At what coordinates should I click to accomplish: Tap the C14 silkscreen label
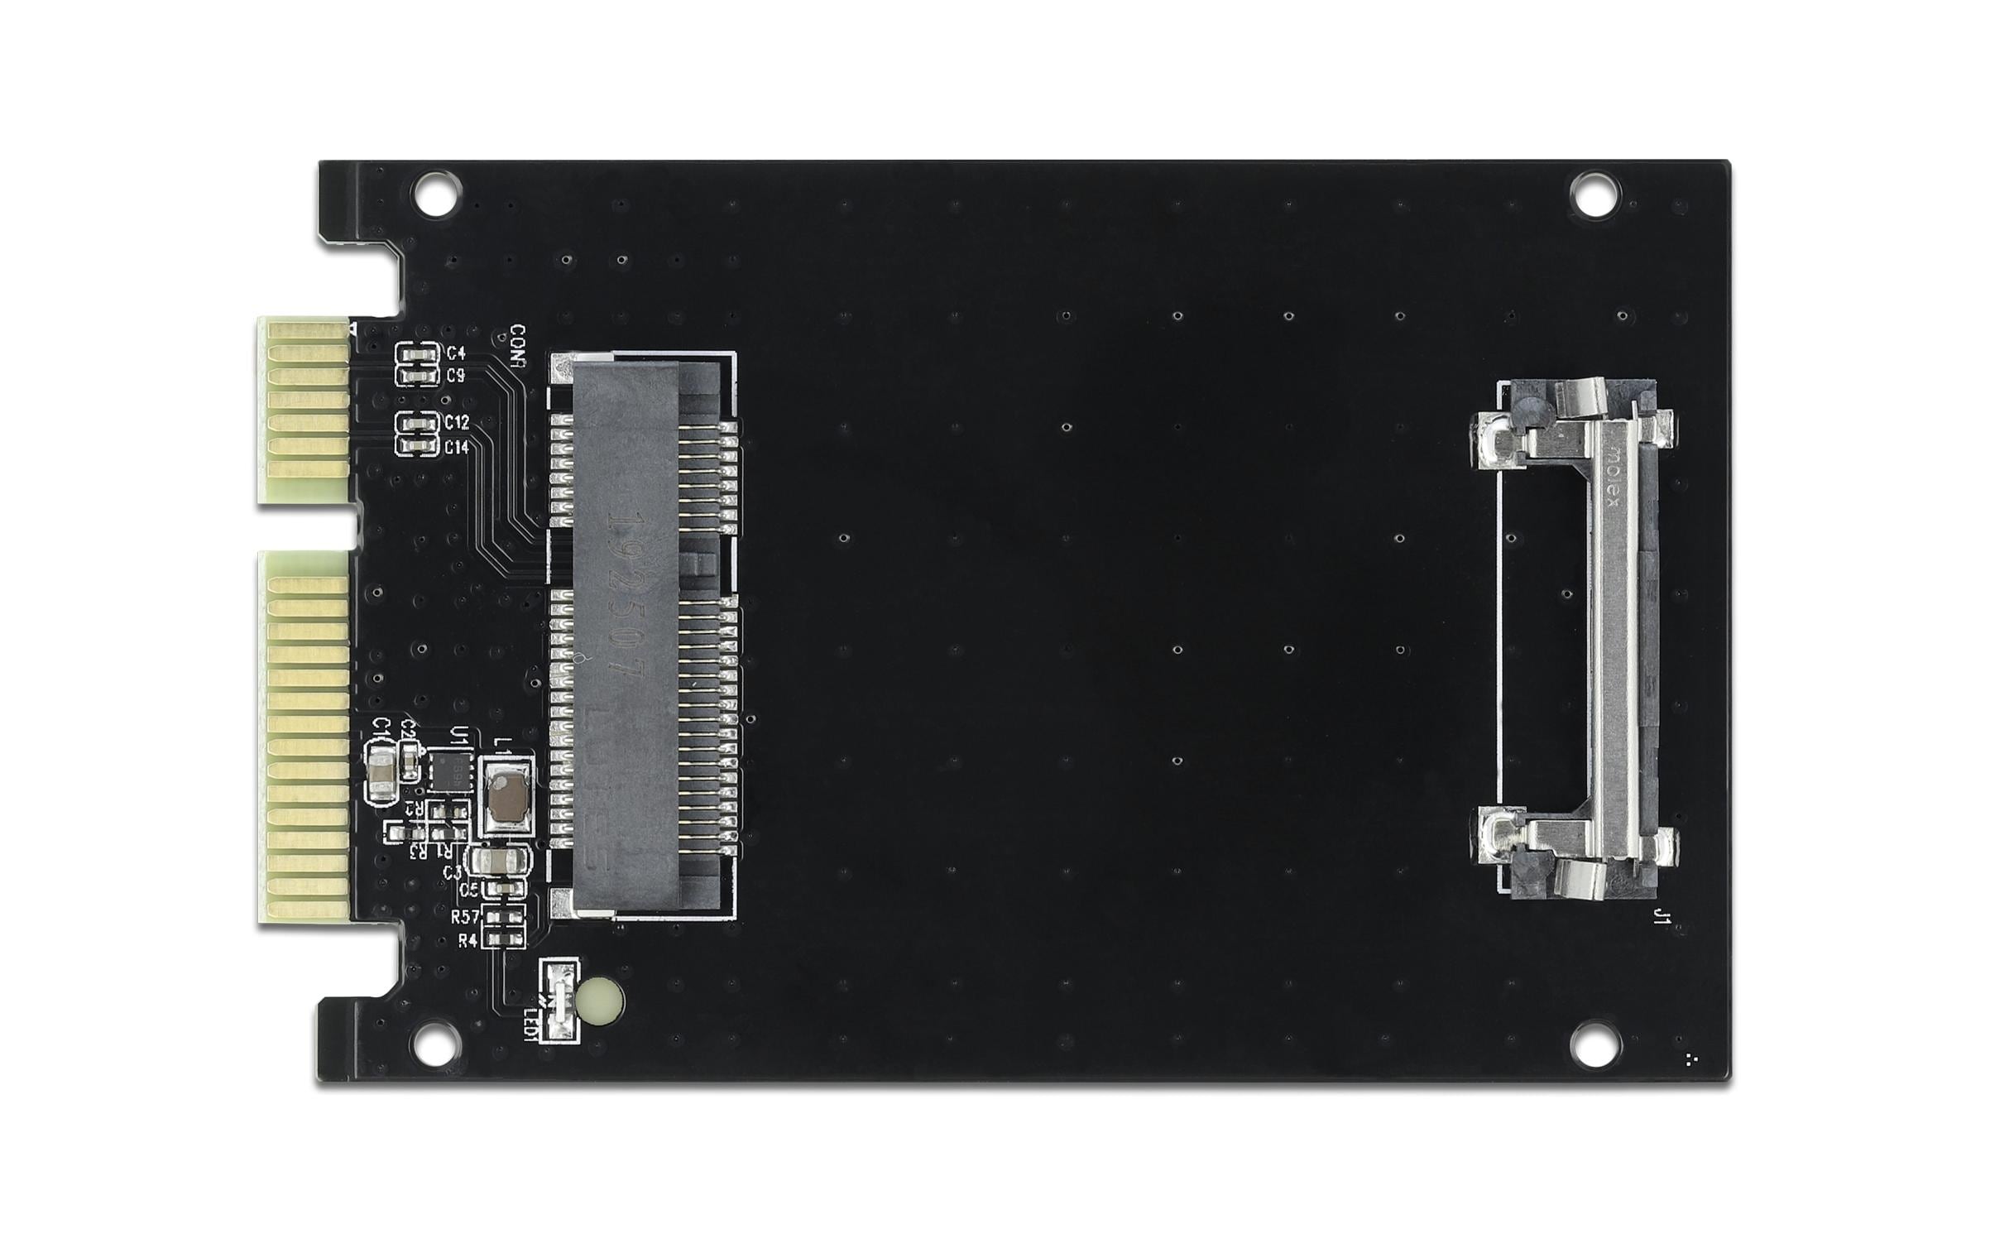click(457, 447)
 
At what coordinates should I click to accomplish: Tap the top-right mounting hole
click(1594, 194)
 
